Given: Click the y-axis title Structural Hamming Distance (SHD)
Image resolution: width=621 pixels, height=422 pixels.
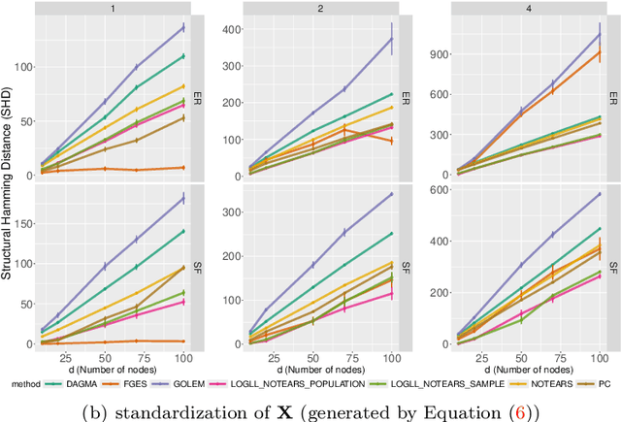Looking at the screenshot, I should (x=8, y=184).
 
